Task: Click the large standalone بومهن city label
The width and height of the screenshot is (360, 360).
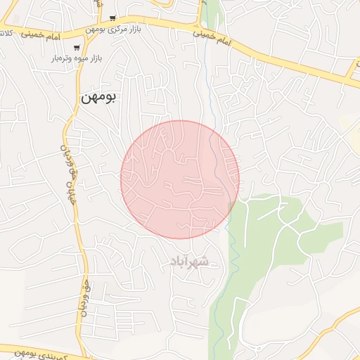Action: (99, 98)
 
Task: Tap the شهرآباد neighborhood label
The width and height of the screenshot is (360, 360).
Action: (188, 262)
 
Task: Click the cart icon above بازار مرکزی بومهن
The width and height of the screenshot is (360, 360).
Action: (112, 18)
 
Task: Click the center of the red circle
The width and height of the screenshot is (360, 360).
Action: (180, 179)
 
